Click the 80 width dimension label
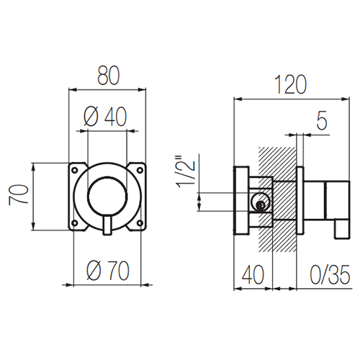point(108,76)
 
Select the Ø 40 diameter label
point(105,117)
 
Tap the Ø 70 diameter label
point(108,271)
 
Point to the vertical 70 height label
point(19,194)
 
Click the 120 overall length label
point(290,84)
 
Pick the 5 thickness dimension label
point(322,120)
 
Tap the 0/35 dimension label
point(330,275)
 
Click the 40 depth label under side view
point(253,275)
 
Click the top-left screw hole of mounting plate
point(75,170)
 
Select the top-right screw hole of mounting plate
point(140,170)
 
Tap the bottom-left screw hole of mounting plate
point(75,223)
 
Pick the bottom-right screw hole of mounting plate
point(140,223)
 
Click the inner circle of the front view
point(107,178)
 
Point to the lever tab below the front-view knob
point(107,225)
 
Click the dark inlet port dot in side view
point(261,204)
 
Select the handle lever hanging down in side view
point(341,229)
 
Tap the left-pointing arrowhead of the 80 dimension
point(73,90)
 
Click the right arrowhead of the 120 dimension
point(346,99)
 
